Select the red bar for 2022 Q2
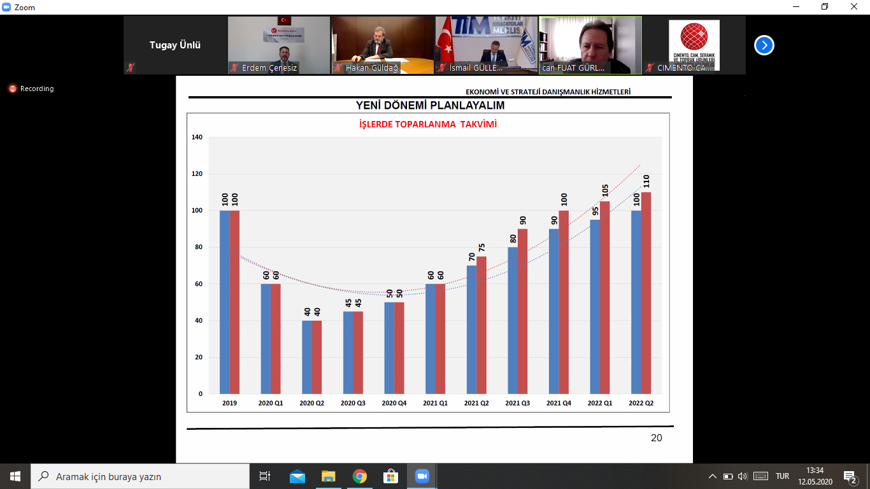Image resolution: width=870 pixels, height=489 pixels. click(x=646, y=293)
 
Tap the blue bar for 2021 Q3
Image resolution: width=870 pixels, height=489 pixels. click(x=513, y=320)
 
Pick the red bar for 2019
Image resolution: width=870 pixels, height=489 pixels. click(x=235, y=302)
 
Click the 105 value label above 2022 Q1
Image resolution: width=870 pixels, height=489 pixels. click(x=605, y=192)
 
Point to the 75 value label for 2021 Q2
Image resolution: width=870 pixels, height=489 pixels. click(x=482, y=247)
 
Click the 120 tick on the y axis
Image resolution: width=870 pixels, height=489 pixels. click(x=197, y=174)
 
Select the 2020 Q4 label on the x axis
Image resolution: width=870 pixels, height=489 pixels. click(x=394, y=403)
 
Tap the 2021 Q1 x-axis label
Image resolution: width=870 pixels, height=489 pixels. click(x=435, y=403)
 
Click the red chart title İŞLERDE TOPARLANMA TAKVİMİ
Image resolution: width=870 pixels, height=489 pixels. click(x=428, y=124)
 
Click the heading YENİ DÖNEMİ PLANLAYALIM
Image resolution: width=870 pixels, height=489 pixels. click(x=430, y=105)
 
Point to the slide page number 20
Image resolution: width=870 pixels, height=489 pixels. click(x=656, y=437)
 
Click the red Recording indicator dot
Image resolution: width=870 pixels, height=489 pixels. click(x=13, y=89)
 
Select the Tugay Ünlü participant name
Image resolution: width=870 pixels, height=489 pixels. click(x=175, y=45)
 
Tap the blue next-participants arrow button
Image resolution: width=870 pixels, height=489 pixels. click(x=764, y=45)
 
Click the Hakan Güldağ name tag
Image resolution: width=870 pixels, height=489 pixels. click(x=371, y=67)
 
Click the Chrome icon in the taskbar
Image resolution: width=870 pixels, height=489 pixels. click(x=360, y=476)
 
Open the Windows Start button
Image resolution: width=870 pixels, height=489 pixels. click(x=15, y=476)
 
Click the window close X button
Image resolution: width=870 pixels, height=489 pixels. click(x=855, y=7)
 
